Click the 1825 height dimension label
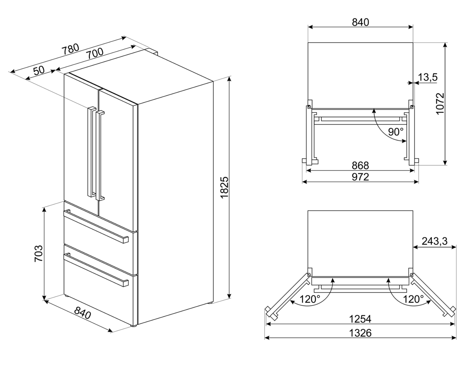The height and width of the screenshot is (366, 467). (x=224, y=188)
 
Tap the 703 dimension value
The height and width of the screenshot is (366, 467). (x=39, y=253)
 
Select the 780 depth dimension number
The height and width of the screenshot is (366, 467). (x=70, y=49)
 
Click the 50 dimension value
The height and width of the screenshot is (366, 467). (x=39, y=70)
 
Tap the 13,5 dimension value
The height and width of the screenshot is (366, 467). (x=428, y=78)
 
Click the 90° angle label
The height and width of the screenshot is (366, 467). (x=396, y=132)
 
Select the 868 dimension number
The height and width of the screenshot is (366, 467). (x=360, y=165)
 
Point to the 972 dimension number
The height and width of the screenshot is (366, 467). (x=360, y=177)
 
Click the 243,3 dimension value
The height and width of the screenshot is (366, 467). (x=434, y=241)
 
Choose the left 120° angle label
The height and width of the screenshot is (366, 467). (x=309, y=299)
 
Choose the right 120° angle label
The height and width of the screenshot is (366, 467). (x=413, y=299)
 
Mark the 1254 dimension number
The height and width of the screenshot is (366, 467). (x=360, y=319)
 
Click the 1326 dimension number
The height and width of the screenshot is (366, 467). (x=360, y=333)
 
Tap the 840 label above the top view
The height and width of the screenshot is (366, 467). (x=360, y=22)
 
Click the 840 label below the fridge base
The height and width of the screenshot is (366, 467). (x=82, y=313)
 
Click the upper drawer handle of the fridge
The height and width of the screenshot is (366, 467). (x=96, y=226)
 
